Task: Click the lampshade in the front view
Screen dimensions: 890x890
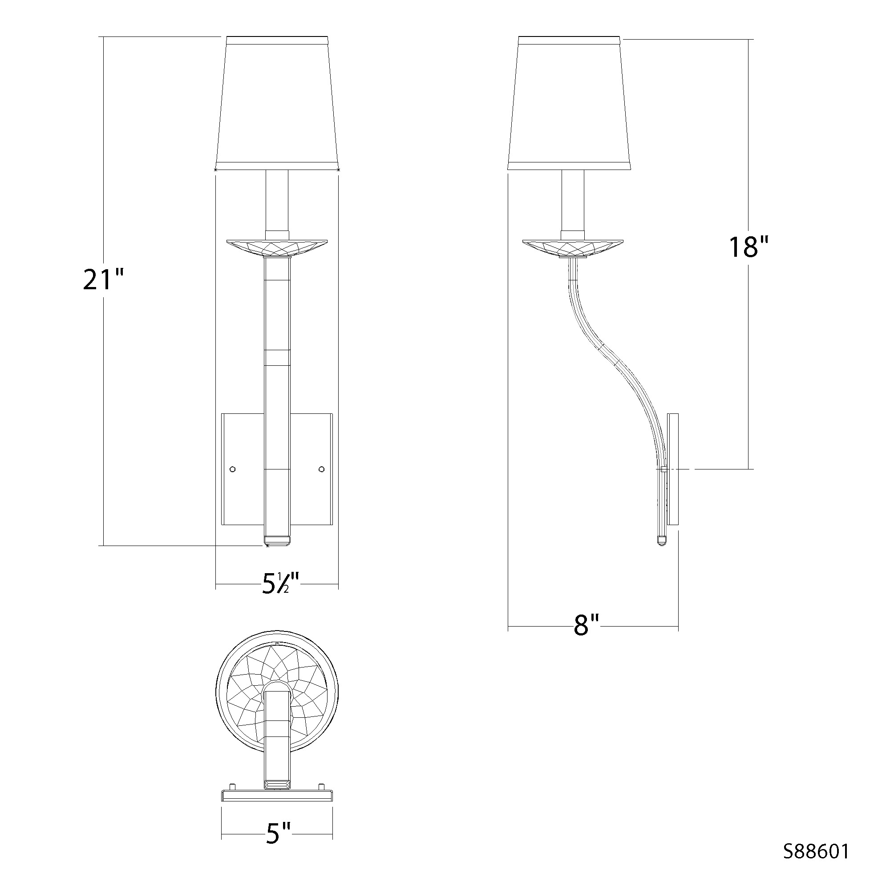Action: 277,103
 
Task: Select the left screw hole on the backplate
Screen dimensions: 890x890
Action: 233,469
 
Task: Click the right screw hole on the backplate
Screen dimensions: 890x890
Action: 322,469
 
